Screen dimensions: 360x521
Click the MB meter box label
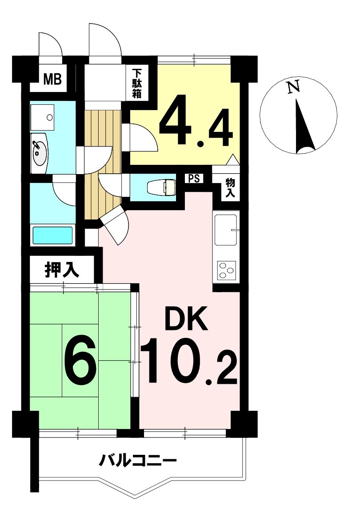(52, 80)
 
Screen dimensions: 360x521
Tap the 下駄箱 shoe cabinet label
(136, 84)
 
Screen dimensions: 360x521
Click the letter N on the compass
(293, 87)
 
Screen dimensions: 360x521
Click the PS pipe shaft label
(194, 179)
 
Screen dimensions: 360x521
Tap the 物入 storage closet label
(230, 188)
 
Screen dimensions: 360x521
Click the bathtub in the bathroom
(52, 235)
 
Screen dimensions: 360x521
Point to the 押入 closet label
(62, 270)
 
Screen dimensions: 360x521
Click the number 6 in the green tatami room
(80, 362)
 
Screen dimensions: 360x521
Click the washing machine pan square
(42, 117)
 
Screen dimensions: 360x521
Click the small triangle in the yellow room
(233, 159)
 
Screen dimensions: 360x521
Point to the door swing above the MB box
(50, 44)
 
